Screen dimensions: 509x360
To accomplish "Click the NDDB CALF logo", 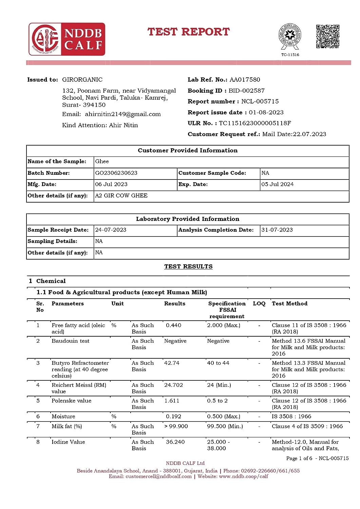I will tap(67, 39).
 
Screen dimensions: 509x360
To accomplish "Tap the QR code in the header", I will tap(327, 36).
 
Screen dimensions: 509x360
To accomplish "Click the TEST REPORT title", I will tap(188, 32).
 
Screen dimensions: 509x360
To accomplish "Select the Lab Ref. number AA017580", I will tap(245, 80).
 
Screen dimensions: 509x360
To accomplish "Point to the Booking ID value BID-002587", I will tap(246, 91).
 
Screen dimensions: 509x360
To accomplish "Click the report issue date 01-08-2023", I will tap(266, 112).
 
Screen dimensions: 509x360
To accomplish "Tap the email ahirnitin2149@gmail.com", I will tap(123, 114).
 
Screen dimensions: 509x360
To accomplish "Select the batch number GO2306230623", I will tap(116, 173).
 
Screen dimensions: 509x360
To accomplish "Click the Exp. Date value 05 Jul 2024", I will tap(277, 184).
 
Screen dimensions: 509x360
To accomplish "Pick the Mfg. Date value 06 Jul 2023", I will tap(111, 184).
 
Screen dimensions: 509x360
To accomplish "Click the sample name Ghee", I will tap(102, 162).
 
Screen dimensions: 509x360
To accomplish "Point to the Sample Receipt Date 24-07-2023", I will tap(111, 230).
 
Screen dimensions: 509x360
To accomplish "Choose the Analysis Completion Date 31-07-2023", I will tap(277, 230).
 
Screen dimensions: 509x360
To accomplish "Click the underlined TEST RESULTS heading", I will tap(188, 267).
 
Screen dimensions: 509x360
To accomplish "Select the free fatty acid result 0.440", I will tap(173, 325).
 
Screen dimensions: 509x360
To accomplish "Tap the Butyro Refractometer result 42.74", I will tap(172, 363).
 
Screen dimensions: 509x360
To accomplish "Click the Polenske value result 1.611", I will tap(172, 401).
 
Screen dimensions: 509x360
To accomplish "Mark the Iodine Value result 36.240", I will tap(175, 442).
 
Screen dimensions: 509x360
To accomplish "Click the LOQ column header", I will tap(259, 304).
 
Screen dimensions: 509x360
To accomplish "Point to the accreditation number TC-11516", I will tap(290, 55).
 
